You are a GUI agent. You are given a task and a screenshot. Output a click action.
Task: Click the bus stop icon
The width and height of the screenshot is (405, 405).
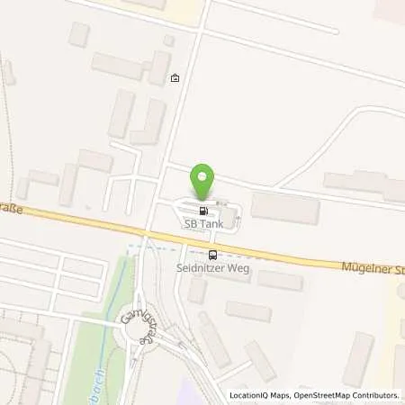click(212, 255)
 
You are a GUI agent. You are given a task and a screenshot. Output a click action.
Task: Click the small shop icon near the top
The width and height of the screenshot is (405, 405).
click(175, 78)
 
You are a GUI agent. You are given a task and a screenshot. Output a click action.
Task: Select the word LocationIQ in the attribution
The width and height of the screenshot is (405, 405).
click(249, 395)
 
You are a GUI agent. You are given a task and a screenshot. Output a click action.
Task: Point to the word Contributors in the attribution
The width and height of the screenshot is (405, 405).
click(376, 395)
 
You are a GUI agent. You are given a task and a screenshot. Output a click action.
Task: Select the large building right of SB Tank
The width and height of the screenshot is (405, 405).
click(284, 208)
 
